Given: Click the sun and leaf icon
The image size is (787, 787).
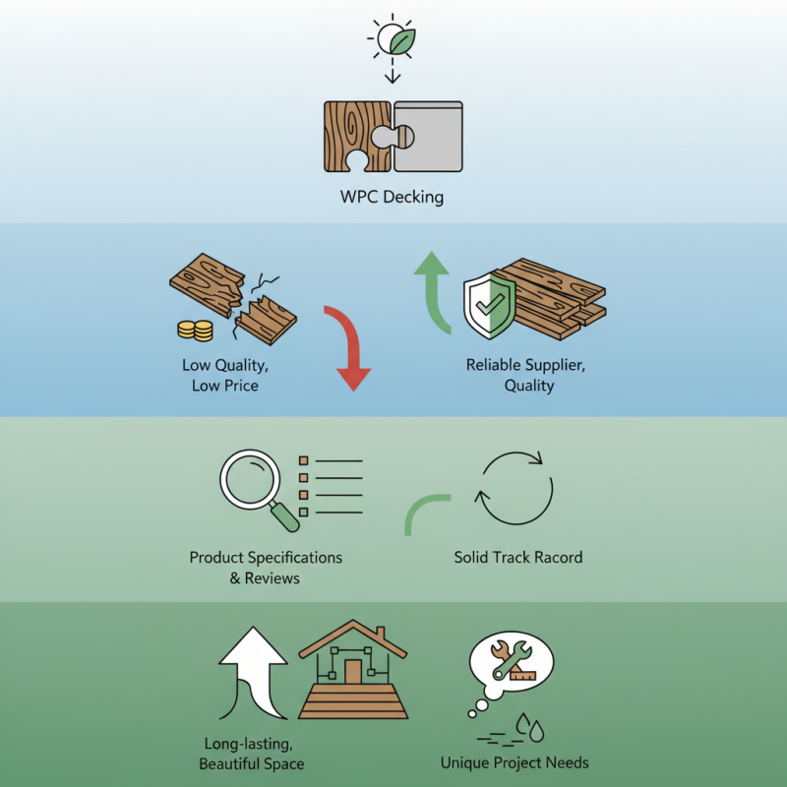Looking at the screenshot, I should click(x=393, y=39).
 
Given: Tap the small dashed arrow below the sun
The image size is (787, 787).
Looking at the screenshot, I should click(x=393, y=73).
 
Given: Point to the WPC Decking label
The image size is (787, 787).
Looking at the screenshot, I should click(x=393, y=198).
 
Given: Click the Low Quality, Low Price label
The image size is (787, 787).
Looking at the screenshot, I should click(x=225, y=375).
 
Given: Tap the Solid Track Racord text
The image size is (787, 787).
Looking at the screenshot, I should click(x=517, y=557).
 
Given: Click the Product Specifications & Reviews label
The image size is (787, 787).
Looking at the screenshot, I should click(x=266, y=568).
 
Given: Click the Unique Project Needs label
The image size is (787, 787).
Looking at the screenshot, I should click(x=515, y=762).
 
